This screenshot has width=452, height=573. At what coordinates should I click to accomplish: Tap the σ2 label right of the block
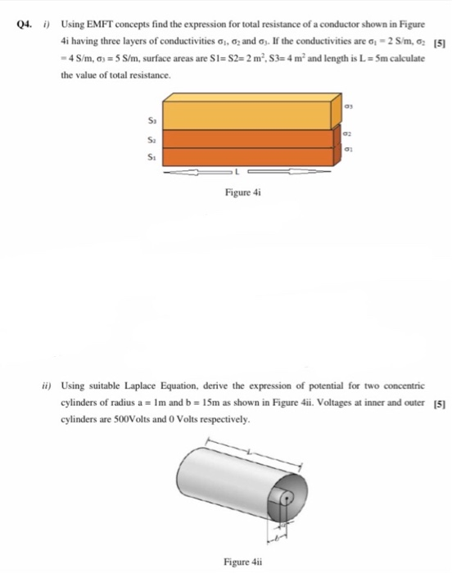tap(348, 134)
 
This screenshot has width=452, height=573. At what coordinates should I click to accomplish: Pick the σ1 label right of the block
tap(348, 150)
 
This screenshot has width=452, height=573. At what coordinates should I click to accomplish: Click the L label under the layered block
tap(237, 173)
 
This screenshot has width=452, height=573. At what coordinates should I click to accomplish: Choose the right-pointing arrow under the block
tap(282, 173)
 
